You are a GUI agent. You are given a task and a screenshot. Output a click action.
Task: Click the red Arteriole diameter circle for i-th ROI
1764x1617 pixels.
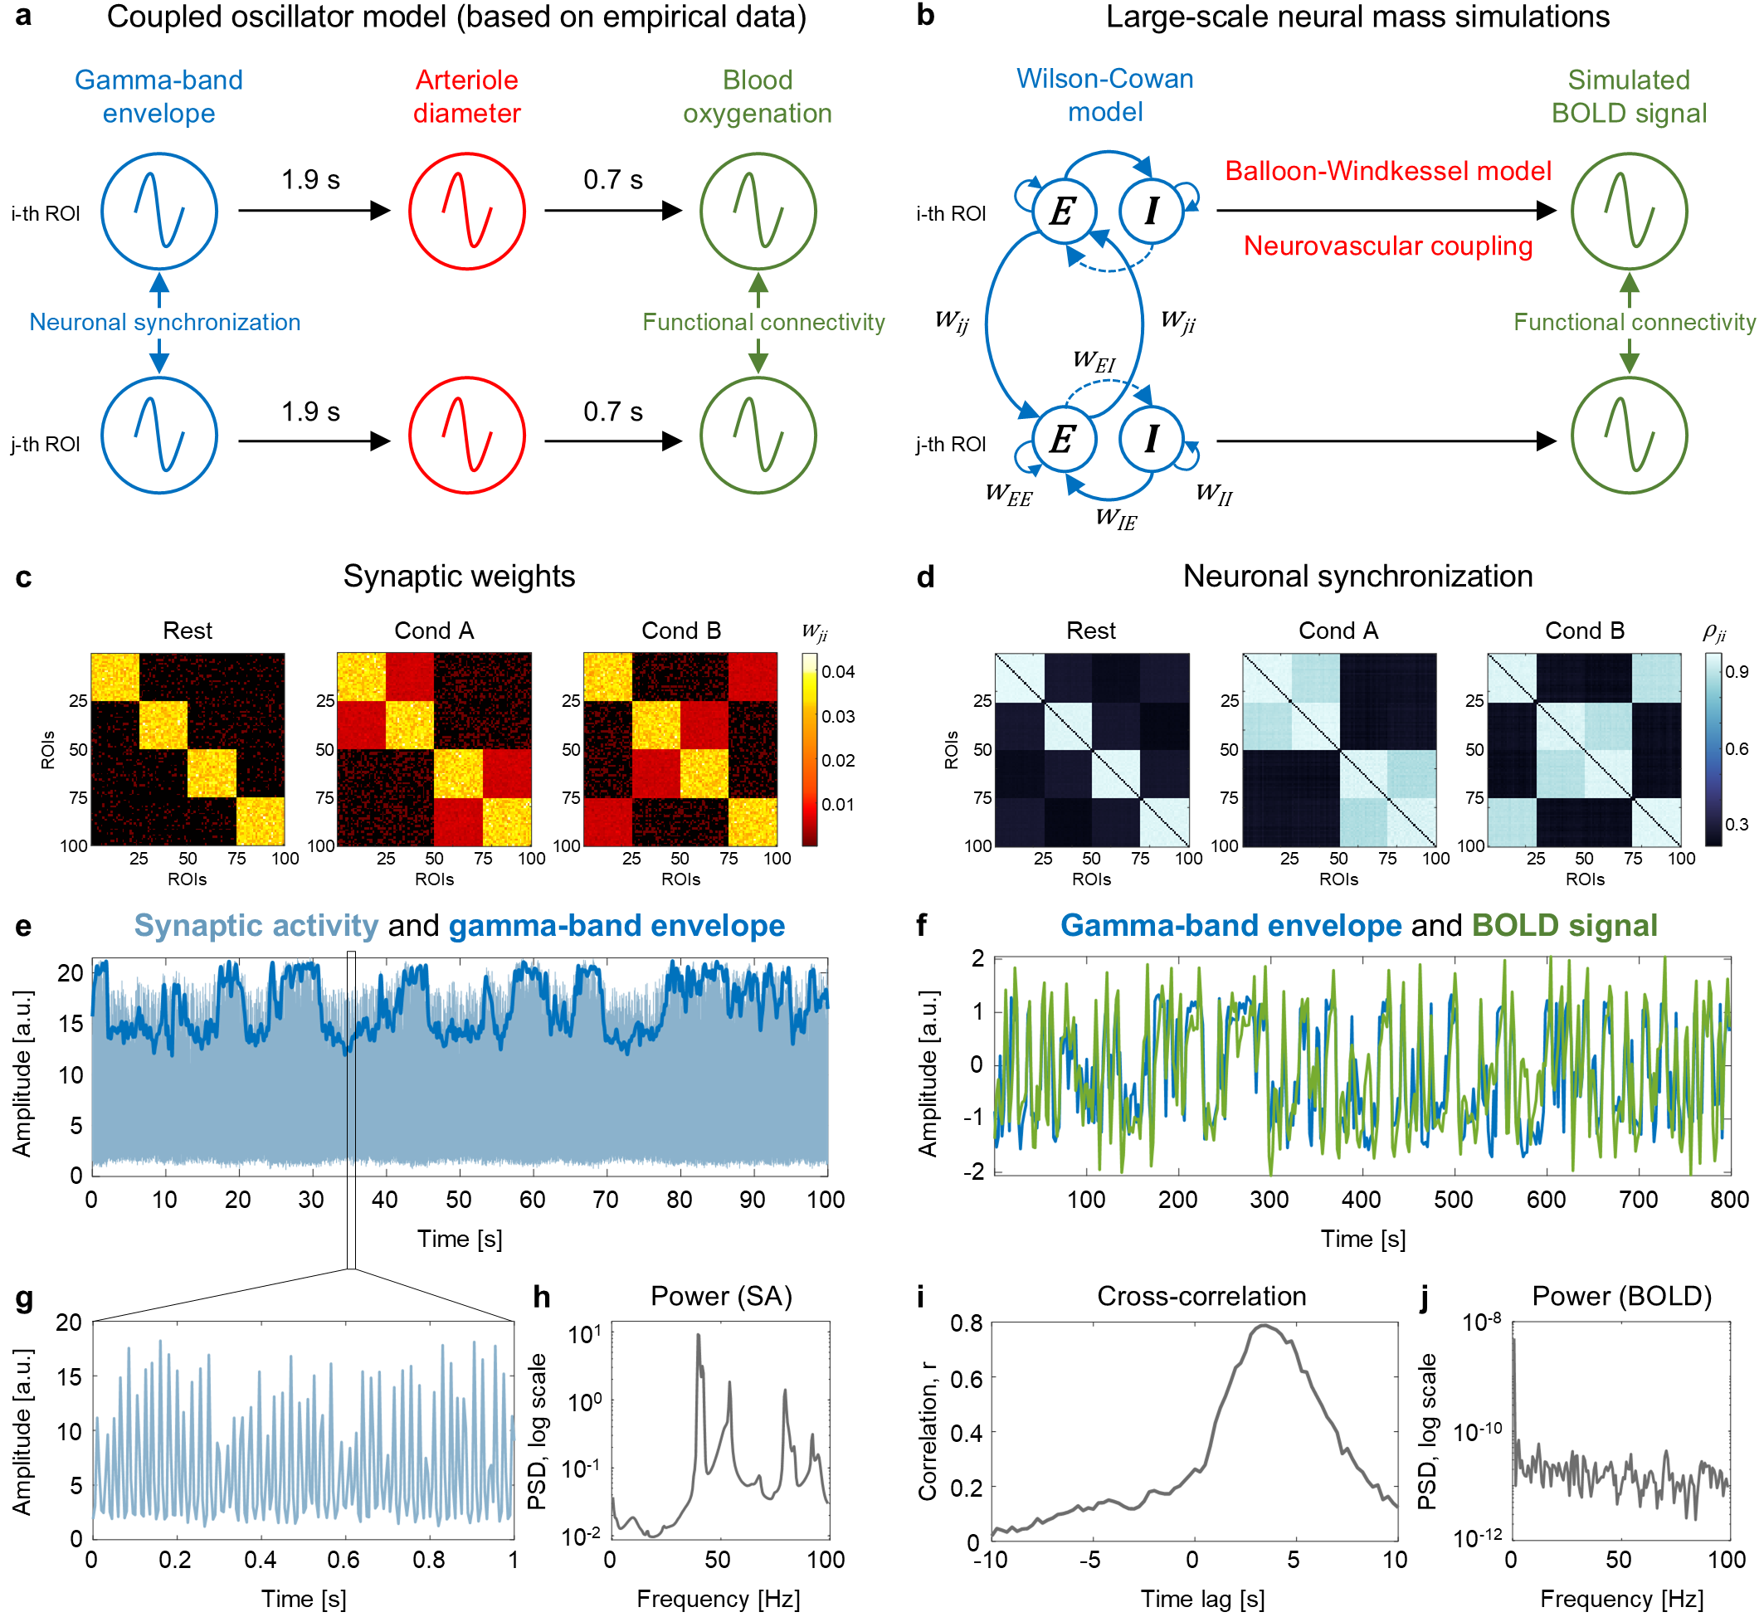(x=466, y=211)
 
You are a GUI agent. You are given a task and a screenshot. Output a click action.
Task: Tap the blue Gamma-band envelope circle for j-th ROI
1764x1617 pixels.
(x=159, y=436)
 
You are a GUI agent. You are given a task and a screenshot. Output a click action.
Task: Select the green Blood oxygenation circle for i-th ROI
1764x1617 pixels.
(x=758, y=211)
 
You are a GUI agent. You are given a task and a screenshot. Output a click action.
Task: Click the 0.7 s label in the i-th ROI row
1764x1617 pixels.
(x=612, y=180)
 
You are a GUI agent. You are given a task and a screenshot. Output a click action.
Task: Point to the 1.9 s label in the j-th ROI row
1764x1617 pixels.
(x=309, y=412)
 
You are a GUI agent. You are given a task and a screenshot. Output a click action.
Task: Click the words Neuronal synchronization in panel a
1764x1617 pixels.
(x=164, y=322)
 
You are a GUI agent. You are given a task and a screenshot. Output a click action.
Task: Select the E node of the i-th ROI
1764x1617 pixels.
(x=1063, y=211)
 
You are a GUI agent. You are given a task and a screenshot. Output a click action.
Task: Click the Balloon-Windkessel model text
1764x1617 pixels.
(x=1388, y=171)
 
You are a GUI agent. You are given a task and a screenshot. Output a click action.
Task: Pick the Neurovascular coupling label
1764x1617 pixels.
(x=1388, y=246)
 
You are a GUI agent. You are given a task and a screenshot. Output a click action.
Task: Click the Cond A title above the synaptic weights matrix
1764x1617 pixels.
(x=434, y=631)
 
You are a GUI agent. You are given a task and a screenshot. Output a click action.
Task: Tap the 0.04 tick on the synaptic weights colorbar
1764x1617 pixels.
(x=838, y=672)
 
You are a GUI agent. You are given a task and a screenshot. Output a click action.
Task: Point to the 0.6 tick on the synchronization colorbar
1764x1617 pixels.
(x=1737, y=749)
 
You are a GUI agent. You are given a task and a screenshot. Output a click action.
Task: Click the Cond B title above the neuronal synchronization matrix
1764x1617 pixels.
(x=1585, y=631)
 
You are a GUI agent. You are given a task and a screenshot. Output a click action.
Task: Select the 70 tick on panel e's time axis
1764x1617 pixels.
(x=606, y=1200)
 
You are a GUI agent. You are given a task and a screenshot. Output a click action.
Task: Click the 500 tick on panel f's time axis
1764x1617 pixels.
(x=1454, y=1200)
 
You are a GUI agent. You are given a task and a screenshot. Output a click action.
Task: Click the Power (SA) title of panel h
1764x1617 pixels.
(x=721, y=1296)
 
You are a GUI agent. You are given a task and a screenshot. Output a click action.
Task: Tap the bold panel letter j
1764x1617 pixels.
(x=1425, y=1296)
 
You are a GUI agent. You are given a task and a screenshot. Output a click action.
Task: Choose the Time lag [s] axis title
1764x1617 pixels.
(x=1203, y=1600)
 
